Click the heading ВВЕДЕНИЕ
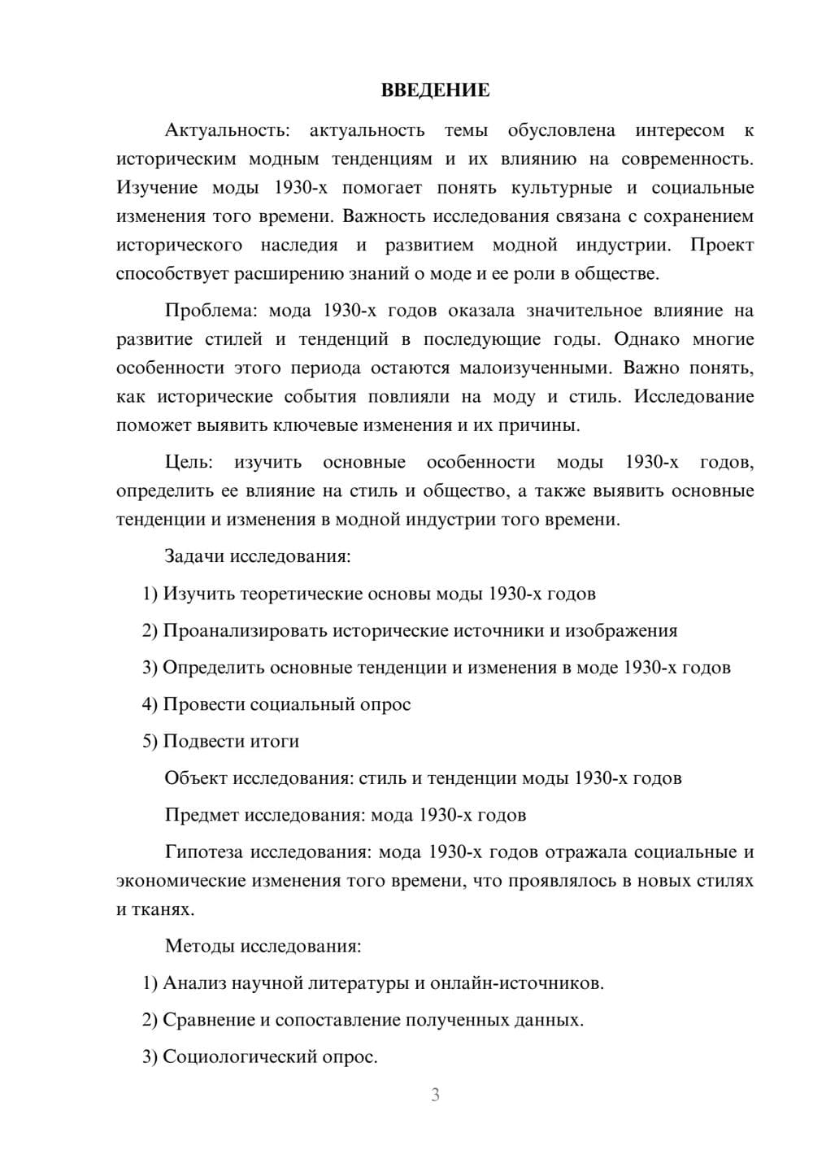pos(435,90)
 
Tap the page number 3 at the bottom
pos(435,1095)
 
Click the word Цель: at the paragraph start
pos(189,462)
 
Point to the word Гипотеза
pos(203,852)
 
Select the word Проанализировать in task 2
pos(245,630)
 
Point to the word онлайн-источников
pos(516,982)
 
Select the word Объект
pos(196,778)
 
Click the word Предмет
pos(202,814)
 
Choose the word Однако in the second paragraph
pos(646,339)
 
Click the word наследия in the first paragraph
pos(298,245)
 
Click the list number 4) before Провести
pos(150,704)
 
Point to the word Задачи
pos(194,556)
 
